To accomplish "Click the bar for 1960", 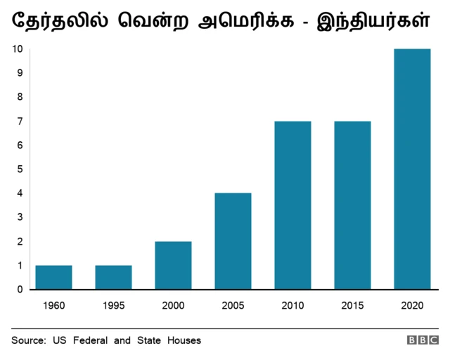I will click(x=53, y=277).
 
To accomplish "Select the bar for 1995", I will click(x=113, y=277).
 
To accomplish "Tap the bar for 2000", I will click(x=173, y=265).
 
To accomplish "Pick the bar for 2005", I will click(x=233, y=241).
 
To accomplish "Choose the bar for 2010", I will click(x=292, y=205).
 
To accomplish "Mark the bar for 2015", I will click(x=352, y=205).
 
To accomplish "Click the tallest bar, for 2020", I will click(x=412, y=169).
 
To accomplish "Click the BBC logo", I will click(x=422, y=340).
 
